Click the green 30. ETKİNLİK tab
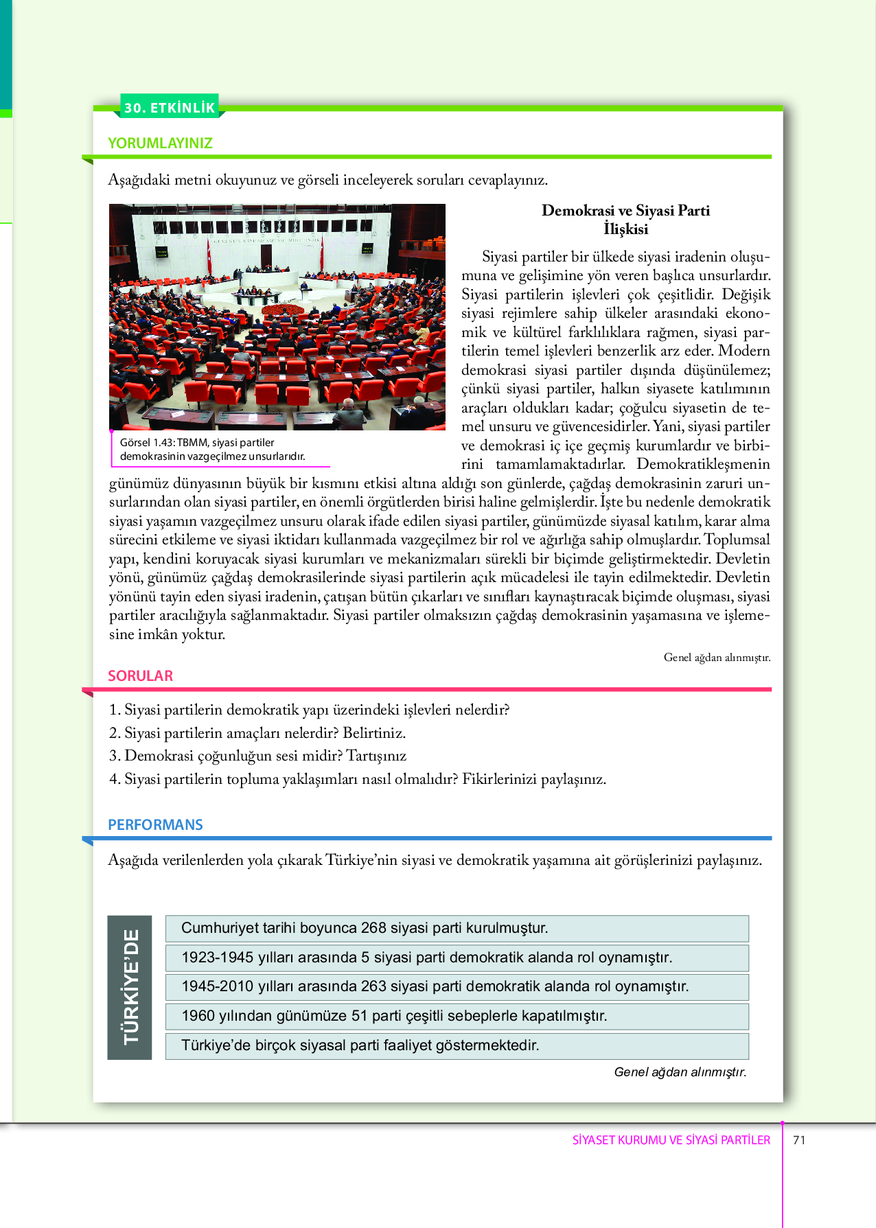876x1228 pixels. pyautogui.click(x=170, y=107)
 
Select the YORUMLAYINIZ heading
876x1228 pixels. pyautogui.click(x=160, y=143)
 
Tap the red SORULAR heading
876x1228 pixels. pyautogui.click(x=140, y=676)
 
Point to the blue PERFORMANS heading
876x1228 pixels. pyautogui.click(x=155, y=825)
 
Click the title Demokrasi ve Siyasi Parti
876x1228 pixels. pyautogui.click(x=625, y=211)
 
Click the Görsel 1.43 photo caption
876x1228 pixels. pyautogui.click(x=212, y=450)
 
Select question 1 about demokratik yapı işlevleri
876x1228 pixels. pyautogui.click(x=309, y=710)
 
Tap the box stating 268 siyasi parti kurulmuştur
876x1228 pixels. pyautogui.click(x=457, y=928)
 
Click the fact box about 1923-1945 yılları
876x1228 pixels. pyautogui.click(x=457, y=958)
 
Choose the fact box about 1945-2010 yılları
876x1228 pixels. pyautogui.click(x=457, y=986)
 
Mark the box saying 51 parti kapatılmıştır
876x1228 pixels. pyautogui.click(x=457, y=1016)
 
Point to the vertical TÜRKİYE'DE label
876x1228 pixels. pyautogui.click(x=130, y=987)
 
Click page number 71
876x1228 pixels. pyautogui.click(x=799, y=1140)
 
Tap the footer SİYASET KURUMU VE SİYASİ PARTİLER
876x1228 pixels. pyautogui.click(x=671, y=1140)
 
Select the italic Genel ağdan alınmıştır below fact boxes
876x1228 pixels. pyautogui.click(x=680, y=1072)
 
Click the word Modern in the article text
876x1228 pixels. pyautogui.click(x=744, y=351)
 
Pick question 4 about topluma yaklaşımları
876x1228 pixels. pyautogui.click(x=357, y=779)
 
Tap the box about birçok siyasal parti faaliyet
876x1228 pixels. pyautogui.click(x=457, y=1045)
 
